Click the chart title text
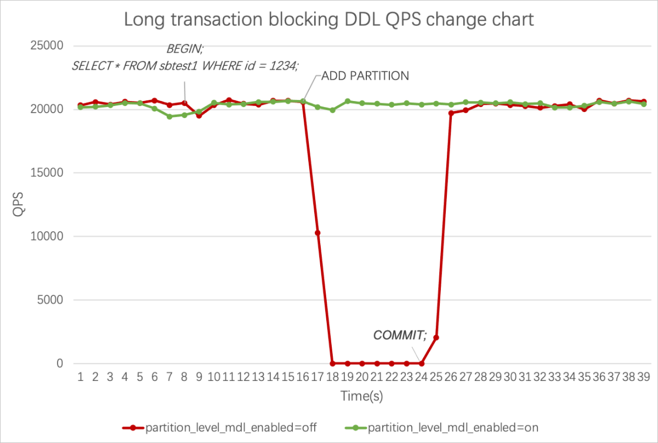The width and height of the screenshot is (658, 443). (328, 20)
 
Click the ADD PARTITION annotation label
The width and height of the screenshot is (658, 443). (365, 76)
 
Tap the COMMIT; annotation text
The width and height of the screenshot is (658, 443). (400, 335)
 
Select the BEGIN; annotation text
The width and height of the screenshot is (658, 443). (185, 49)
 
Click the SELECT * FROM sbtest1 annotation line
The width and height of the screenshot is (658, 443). (185, 66)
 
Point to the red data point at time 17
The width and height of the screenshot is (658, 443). (317, 233)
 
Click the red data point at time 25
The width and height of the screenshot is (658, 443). (436, 338)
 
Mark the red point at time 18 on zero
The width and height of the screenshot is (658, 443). (332, 363)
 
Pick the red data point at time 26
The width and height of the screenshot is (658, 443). (451, 113)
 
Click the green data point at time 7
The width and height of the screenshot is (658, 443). (169, 116)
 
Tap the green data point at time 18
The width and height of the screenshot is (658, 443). (332, 110)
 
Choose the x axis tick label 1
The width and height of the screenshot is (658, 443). (81, 377)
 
